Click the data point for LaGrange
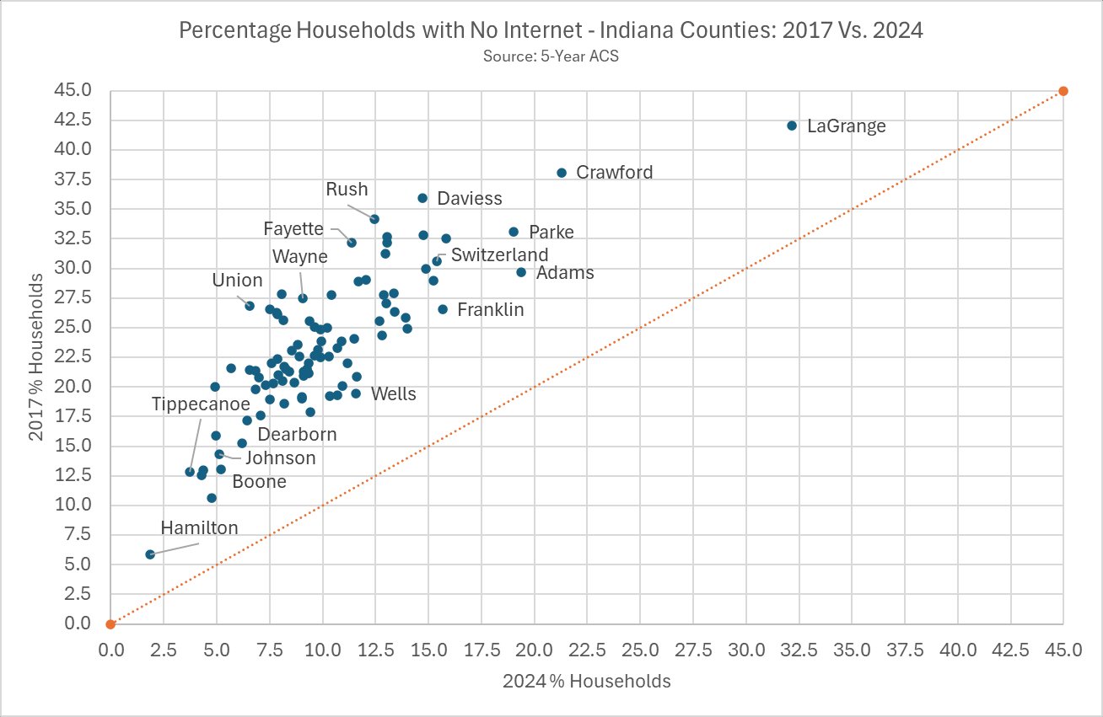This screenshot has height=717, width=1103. [791, 126]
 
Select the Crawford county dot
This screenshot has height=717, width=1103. [562, 173]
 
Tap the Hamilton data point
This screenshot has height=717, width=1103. [150, 554]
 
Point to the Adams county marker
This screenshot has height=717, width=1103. [521, 272]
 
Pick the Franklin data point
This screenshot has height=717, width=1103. [442, 309]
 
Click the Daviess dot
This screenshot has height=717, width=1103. [422, 198]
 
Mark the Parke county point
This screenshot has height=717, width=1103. [514, 232]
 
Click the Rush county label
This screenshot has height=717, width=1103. [347, 190]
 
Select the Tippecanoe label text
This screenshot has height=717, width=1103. [201, 404]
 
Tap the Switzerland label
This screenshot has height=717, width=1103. [499, 254]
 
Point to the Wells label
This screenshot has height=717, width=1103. [393, 393]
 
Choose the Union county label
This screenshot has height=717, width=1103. [237, 281]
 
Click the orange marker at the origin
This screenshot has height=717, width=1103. [110, 624]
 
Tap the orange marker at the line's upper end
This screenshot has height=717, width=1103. [1063, 91]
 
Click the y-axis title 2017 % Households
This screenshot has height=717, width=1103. [35, 357]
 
